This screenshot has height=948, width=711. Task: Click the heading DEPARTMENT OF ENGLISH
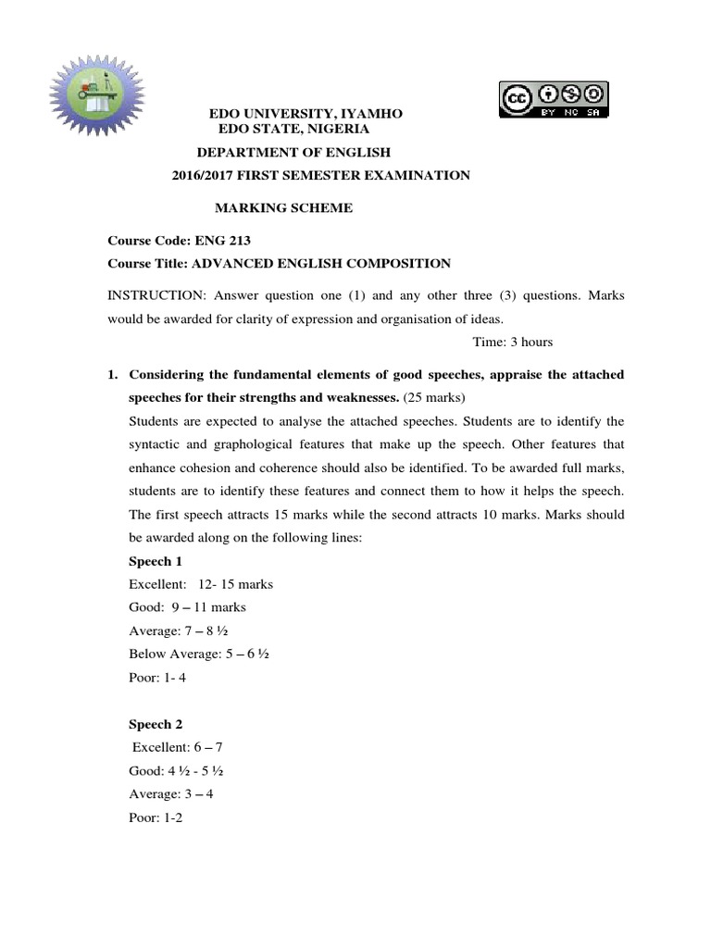[x=293, y=152]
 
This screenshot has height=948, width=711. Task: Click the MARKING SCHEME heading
[x=283, y=208]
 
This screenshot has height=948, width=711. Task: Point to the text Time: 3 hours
[x=513, y=342]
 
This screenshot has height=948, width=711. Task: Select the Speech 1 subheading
[x=155, y=561]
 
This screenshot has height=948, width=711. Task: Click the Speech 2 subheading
[x=155, y=725]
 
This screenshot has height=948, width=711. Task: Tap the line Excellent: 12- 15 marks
[x=201, y=584]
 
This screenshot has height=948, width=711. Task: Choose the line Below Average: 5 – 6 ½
[x=200, y=654]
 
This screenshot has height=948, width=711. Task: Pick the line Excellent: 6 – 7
[x=178, y=747]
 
